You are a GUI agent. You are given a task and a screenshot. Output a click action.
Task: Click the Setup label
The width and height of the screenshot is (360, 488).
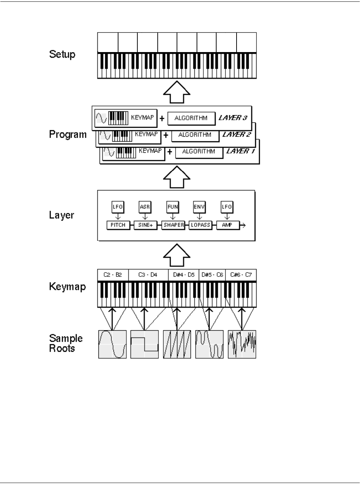coord(62,54)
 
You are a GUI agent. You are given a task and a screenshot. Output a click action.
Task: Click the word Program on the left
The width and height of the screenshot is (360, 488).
coord(68,134)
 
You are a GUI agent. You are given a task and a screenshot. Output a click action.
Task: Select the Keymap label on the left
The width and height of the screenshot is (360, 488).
coord(67,286)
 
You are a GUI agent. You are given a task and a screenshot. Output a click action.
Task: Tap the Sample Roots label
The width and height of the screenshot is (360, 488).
coord(66,343)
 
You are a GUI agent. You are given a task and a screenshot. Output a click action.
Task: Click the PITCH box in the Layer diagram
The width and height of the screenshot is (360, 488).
coord(118,225)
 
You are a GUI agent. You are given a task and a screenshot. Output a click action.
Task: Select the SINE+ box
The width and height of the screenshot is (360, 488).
coord(145,225)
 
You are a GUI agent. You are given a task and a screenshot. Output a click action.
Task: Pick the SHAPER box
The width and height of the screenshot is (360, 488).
coord(173,225)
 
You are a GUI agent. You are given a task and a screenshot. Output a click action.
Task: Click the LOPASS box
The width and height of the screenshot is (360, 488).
coord(200,225)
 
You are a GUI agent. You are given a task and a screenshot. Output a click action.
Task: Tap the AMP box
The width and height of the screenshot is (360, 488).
coord(227,225)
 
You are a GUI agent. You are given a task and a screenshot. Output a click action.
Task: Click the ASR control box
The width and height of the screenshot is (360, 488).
coord(145,207)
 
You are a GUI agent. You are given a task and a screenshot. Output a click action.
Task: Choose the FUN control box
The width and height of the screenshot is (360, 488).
coord(173,207)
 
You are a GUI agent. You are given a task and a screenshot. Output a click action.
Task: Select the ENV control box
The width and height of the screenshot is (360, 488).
coord(199,207)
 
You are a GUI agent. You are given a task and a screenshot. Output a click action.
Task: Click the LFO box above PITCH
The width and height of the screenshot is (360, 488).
coord(118,207)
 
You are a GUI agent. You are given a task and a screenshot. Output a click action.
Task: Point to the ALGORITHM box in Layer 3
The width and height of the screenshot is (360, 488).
coord(191,118)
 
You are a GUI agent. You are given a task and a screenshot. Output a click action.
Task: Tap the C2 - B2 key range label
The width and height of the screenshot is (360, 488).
coord(113,275)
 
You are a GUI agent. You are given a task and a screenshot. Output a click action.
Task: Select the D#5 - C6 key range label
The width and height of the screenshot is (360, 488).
coord(212,275)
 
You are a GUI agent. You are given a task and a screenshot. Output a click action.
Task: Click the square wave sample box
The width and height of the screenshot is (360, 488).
coord(144,344)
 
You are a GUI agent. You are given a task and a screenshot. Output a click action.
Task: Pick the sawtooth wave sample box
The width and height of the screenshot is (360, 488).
coord(177,344)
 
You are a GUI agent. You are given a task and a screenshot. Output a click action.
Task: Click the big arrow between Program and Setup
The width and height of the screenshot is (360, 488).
coord(177,92)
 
